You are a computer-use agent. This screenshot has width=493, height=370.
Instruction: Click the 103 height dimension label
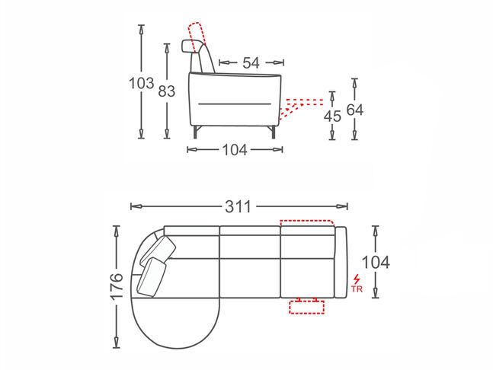click(x=142, y=83)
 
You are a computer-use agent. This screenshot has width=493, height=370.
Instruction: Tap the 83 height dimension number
click(x=166, y=91)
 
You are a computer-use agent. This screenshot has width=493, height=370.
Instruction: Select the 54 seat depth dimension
click(x=251, y=63)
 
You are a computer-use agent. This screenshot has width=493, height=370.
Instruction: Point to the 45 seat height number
click(x=332, y=116)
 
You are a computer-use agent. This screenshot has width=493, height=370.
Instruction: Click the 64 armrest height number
click(x=354, y=110)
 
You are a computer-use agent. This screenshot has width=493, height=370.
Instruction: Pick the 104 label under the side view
click(x=235, y=150)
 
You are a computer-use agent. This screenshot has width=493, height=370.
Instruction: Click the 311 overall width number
click(x=238, y=206)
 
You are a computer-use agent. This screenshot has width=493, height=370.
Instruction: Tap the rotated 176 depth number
click(x=117, y=286)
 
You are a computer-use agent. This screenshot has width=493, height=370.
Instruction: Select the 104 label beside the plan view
click(x=376, y=262)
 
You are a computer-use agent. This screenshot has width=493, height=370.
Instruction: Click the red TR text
click(x=357, y=289)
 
